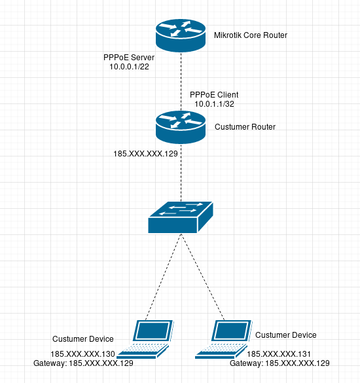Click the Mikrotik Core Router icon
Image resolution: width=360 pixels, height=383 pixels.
(180, 35)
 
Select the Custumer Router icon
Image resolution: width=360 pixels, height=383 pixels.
(180, 126)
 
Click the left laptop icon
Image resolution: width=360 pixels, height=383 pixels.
(152, 338)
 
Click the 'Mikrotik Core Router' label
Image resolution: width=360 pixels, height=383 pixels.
(251, 35)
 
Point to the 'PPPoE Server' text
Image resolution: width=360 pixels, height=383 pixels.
(129, 58)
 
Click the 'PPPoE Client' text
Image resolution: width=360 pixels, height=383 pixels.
(214, 95)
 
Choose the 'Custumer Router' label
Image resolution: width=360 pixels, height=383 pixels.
(245, 126)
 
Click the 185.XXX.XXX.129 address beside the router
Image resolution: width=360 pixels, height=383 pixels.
(145, 154)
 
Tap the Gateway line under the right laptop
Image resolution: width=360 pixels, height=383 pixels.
(279, 363)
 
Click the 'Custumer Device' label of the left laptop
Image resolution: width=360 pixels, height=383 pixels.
(83, 339)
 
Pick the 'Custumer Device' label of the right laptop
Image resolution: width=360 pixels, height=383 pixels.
(286, 335)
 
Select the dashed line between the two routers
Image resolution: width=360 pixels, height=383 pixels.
(180, 79)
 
